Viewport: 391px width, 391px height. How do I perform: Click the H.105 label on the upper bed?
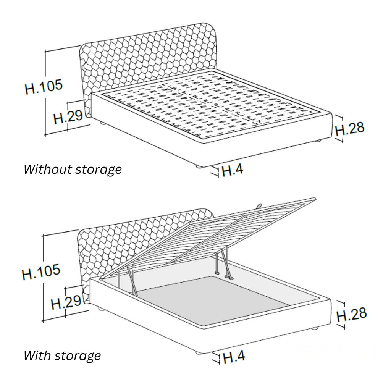tap(44, 87)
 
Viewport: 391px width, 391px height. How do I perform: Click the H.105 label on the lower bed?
tap(41, 271)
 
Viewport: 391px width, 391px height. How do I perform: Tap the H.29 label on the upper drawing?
tap(68, 117)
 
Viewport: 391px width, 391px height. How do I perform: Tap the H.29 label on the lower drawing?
tap(66, 302)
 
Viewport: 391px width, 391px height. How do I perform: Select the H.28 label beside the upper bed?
tap(349, 129)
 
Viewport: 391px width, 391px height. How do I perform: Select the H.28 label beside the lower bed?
tap(351, 315)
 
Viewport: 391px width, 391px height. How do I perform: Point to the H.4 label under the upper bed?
tap(232, 170)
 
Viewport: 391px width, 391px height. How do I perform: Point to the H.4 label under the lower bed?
tap(234, 357)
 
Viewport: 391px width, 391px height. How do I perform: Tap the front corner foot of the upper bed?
tap(199, 166)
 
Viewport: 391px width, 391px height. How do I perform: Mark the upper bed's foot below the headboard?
tap(103, 124)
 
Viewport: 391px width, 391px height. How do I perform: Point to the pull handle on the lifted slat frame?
tap(259, 205)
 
